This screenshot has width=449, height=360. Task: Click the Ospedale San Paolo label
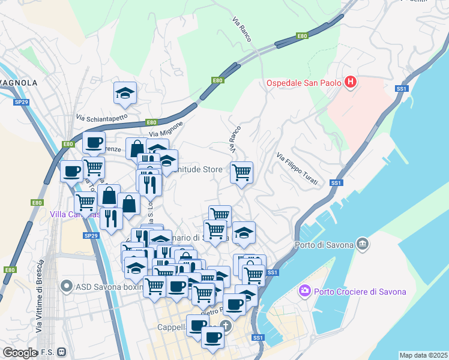[304, 83]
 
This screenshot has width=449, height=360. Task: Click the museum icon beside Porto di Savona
[363, 244]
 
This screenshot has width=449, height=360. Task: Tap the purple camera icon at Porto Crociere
[305, 292]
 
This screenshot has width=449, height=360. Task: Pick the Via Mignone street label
[165, 128]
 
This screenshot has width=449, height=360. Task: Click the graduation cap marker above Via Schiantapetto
[125, 94]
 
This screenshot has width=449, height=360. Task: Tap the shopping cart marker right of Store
[241, 173]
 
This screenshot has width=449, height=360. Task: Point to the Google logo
[20, 352]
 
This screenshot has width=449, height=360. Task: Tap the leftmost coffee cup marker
[71, 171]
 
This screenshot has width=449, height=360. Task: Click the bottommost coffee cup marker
[212, 337]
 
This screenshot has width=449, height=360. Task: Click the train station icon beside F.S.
[61, 352]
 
